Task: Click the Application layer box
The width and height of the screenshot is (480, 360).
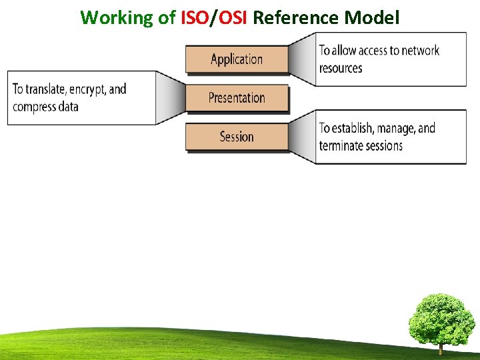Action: (x=237, y=59)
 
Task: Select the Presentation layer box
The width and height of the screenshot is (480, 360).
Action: (x=237, y=98)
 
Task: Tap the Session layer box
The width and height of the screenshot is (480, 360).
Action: (x=237, y=137)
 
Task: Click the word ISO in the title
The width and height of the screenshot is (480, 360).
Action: (x=195, y=17)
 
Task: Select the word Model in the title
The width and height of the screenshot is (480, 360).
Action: (x=372, y=17)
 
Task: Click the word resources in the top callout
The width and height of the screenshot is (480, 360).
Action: (x=341, y=68)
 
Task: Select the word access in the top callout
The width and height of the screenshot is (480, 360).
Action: (x=371, y=51)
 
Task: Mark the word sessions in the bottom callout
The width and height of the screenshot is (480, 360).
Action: (x=382, y=145)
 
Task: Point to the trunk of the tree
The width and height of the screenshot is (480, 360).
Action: (x=441, y=347)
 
